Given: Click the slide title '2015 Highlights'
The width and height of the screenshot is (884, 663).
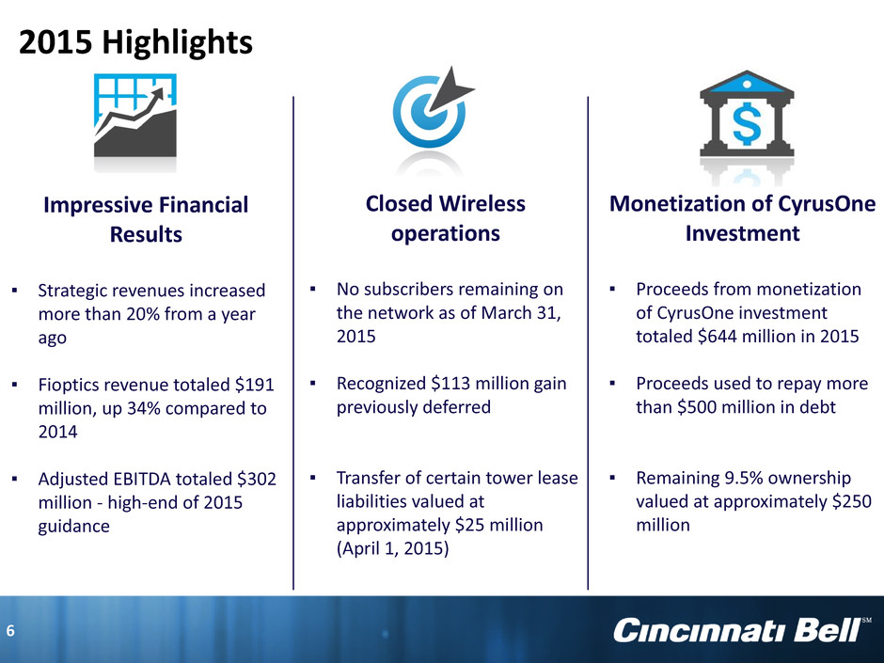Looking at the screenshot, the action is [x=135, y=43].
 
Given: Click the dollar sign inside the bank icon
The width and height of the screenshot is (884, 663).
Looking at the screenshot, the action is [x=747, y=123].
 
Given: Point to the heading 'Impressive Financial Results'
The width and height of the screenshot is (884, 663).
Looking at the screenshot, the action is [x=146, y=219].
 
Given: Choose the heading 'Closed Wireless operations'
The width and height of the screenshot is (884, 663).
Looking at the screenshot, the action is [x=446, y=218].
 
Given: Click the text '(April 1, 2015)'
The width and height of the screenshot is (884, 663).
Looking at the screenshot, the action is [x=392, y=548].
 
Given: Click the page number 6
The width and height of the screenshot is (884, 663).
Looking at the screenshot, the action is [x=10, y=631].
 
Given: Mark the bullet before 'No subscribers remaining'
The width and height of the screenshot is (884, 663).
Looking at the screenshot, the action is [x=312, y=290].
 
